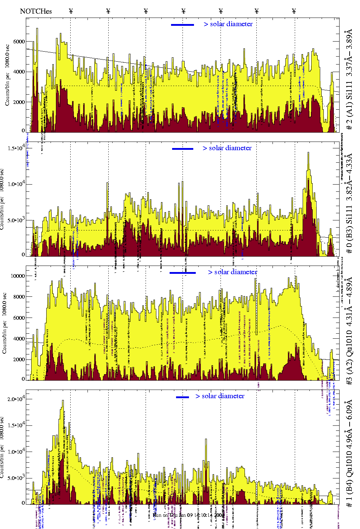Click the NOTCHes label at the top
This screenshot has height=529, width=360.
pos(36,11)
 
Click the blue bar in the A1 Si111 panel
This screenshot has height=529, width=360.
pos(183,25)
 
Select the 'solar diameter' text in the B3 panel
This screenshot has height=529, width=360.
pos(230,148)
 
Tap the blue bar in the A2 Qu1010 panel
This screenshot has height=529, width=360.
pos(183,273)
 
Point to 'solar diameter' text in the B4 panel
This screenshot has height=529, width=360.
pos(223,396)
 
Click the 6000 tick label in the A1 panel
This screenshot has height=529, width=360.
pos(19,42)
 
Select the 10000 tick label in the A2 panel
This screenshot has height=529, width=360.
pos(18,276)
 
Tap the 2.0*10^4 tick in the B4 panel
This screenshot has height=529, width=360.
pos(16,399)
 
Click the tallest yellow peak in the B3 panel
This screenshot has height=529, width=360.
pos(308,153)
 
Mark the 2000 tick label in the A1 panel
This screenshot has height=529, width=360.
pos(19,102)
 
